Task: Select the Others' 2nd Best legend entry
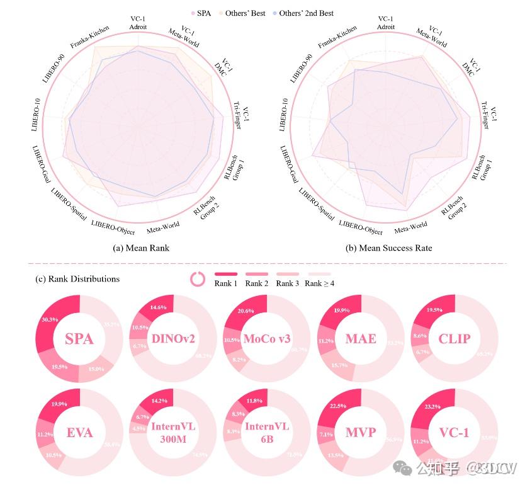coord(306,13)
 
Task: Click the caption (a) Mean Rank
coord(141,248)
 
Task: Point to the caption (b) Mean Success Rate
coord(388,248)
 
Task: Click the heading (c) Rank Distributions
coord(77,278)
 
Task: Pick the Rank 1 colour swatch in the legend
coord(226,273)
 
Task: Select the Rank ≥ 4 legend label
coord(319,283)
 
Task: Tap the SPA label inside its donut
coord(79,339)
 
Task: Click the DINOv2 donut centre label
coord(173,339)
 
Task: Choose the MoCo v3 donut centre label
coord(267,339)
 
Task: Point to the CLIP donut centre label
coord(454,339)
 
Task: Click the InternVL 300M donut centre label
coord(173,433)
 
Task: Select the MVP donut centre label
coord(361,433)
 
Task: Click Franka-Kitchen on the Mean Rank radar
coord(89,37)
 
